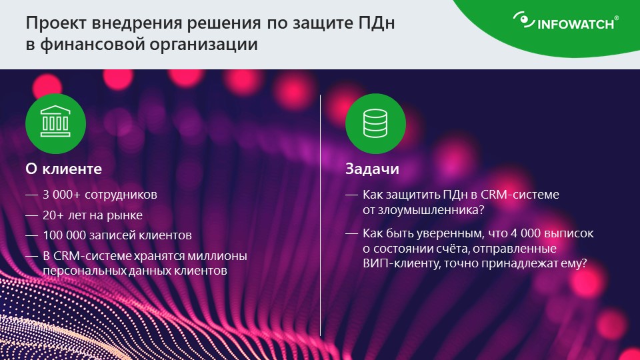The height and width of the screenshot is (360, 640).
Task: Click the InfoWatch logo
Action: pyautogui.click(x=566, y=21)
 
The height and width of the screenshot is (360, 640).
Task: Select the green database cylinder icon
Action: pyautogui.click(x=375, y=124)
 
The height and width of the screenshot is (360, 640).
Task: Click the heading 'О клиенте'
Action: pyautogui.click(x=64, y=169)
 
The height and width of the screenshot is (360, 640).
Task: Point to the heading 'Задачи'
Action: pyautogui.click(x=372, y=169)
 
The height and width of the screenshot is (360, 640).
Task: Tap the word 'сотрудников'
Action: pyautogui.click(x=121, y=195)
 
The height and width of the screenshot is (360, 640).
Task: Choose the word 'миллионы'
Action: pyautogui.click(x=217, y=256)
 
